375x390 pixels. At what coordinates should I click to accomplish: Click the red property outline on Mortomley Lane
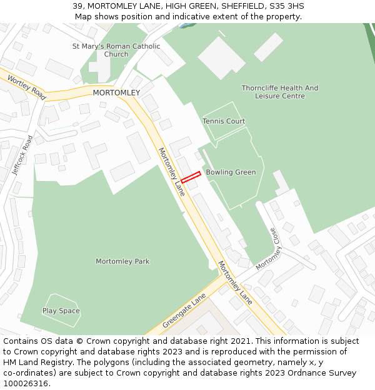click(x=191, y=177)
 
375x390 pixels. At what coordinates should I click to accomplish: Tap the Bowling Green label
click(x=231, y=172)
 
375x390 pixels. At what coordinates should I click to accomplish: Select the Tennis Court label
click(x=224, y=121)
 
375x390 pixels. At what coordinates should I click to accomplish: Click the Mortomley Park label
click(x=122, y=261)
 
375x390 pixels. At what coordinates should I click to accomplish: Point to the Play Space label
click(x=61, y=311)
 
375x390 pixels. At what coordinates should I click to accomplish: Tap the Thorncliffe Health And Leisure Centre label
click(x=280, y=92)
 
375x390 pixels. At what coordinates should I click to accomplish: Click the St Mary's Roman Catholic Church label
click(x=116, y=50)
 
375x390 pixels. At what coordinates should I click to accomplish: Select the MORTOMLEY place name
click(x=116, y=92)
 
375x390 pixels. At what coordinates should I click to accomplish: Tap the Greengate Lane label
click(x=184, y=311)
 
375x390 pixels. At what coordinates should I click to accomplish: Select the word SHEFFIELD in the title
click(x=240, y=6)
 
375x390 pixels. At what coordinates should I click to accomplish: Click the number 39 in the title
click(x=77, y=6)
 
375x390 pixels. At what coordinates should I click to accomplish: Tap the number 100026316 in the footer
click(x=25, y=384)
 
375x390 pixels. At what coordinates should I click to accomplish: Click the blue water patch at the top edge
click(x=185, y=26)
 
